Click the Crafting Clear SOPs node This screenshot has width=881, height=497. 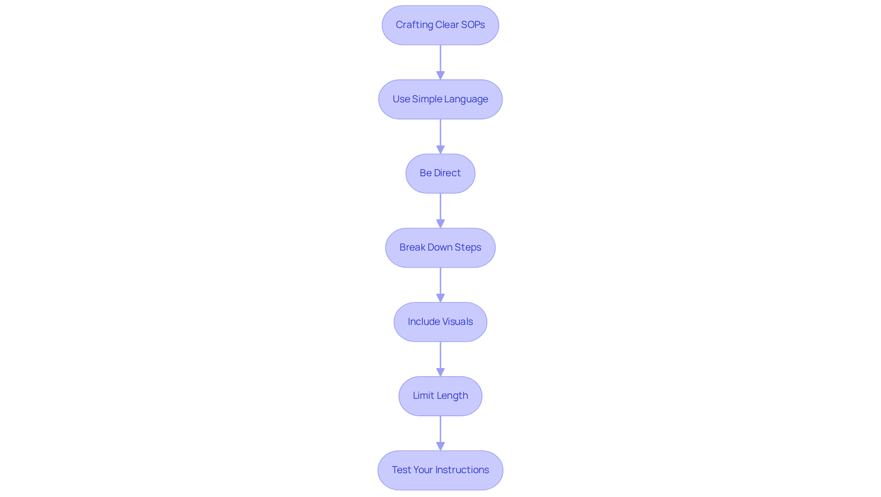tap(440, 25)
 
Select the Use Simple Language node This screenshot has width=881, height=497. tap(440, 100)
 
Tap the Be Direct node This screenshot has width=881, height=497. tap(440, 173)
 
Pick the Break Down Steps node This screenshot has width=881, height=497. tap(440, 248)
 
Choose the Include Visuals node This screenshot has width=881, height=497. tap(440, 322)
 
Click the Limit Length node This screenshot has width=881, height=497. tap(440, 396)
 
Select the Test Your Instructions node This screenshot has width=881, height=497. tap(440, 470)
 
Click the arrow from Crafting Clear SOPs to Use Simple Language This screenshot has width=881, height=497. tap(440, 62)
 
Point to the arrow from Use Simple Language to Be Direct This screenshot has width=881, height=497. tap(440, 137)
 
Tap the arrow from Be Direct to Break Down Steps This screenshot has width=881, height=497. tap(440, 211)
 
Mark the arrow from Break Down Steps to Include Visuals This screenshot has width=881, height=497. tap(440, 285)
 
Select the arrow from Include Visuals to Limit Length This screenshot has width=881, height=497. tap(440, 359)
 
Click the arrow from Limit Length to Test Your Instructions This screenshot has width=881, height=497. tap(440, 433)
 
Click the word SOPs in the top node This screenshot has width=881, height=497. tap(473, 25)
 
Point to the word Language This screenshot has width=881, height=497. tap(466, 100)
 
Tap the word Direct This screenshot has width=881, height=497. tap(447, 173)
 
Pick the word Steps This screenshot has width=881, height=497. tap(468, 248)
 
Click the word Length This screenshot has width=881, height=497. tap(453, 396)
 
